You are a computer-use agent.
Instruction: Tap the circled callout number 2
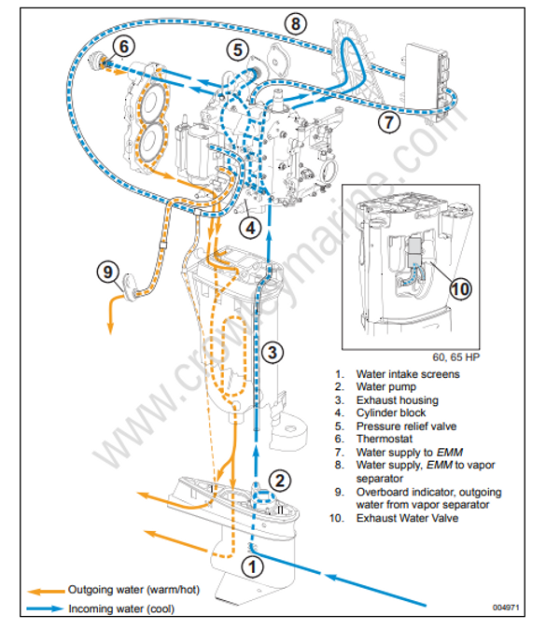click(281, 481)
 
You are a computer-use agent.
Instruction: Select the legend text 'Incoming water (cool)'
click(120, 608)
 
